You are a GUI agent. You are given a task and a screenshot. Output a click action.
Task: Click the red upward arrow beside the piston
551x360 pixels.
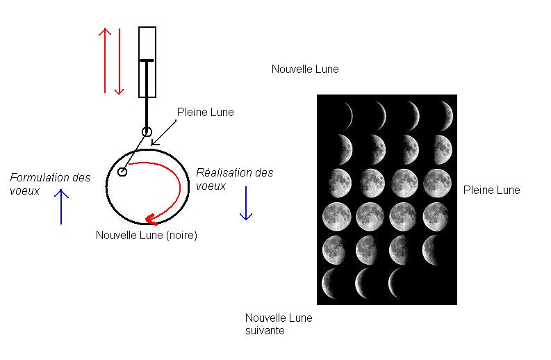105,60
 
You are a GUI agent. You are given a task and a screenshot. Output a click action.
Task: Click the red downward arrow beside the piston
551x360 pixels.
120,62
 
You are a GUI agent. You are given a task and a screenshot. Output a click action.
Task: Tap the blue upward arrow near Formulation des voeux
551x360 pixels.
61,206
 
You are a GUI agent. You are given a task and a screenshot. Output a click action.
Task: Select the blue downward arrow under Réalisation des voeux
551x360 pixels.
246,203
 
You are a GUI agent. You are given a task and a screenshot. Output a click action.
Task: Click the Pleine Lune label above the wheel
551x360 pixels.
206,112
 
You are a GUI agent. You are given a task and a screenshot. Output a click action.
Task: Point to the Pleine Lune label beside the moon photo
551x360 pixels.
492,190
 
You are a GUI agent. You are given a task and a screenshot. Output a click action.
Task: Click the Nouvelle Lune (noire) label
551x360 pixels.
147,235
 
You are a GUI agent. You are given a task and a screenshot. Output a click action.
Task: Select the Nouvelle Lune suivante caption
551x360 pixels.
279,324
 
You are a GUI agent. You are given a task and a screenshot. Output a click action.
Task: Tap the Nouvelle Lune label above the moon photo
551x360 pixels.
305,69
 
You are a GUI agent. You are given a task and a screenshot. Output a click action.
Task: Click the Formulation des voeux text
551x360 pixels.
50,184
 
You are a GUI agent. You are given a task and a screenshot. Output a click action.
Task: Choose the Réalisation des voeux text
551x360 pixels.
235,179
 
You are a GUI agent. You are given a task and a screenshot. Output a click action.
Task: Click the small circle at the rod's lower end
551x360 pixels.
147,132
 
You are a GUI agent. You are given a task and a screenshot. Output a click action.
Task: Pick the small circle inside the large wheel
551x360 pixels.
122,172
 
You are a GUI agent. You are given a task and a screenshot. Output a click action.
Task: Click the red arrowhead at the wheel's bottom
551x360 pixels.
151,220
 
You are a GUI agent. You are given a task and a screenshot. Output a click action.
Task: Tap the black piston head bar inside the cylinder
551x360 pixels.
147,61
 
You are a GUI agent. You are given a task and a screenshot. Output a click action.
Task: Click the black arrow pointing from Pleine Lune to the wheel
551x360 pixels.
164,133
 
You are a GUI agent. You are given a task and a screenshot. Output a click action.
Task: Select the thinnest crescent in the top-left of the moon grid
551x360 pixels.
349,115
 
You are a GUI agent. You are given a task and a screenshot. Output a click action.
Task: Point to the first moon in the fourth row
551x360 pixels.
336,216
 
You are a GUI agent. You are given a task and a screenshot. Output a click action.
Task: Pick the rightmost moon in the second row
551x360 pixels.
443,149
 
